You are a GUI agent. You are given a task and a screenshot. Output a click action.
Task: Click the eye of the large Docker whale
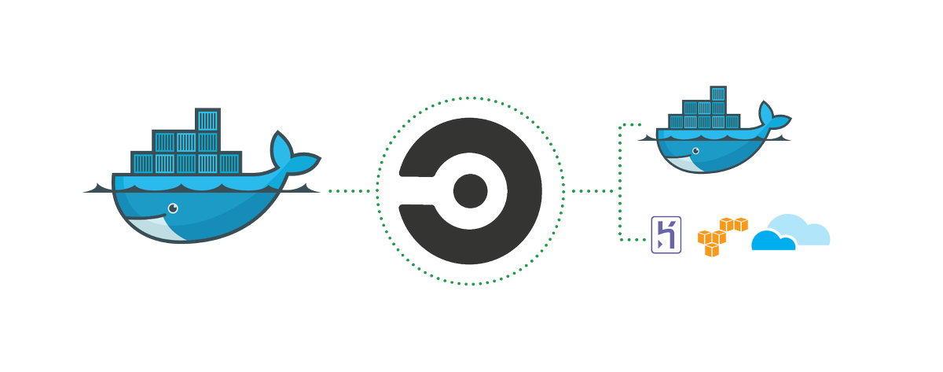click(x=172, y=208)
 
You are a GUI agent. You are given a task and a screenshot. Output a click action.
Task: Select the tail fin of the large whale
click(x=292, y=153)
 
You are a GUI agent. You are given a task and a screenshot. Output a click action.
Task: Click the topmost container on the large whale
click(x=207, y=120)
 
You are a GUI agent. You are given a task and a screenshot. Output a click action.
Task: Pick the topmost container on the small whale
click(x=717, y=94)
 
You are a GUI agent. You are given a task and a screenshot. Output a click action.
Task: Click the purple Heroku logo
click(x=665, y=235)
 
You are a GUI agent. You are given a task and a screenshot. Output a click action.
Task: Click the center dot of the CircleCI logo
click(x=470, y=190)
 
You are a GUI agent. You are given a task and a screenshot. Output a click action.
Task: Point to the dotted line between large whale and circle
click(x=350, y=191)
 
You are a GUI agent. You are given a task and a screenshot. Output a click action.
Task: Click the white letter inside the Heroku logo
click(x=665, y=235)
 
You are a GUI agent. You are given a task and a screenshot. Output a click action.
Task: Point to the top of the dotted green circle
click(x=470, y=98)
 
